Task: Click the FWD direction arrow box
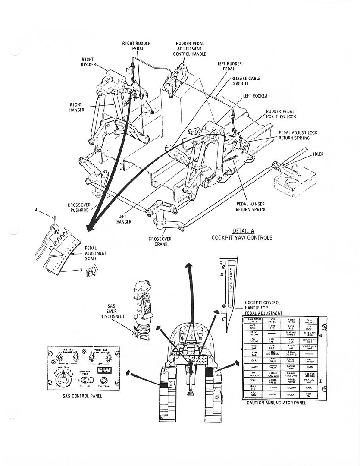point(91,272)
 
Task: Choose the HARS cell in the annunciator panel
point(309,367)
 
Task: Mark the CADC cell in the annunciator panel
point(309,387)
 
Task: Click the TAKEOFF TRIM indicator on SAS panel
point(105,370)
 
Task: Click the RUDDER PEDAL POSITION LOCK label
point(281,114)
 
